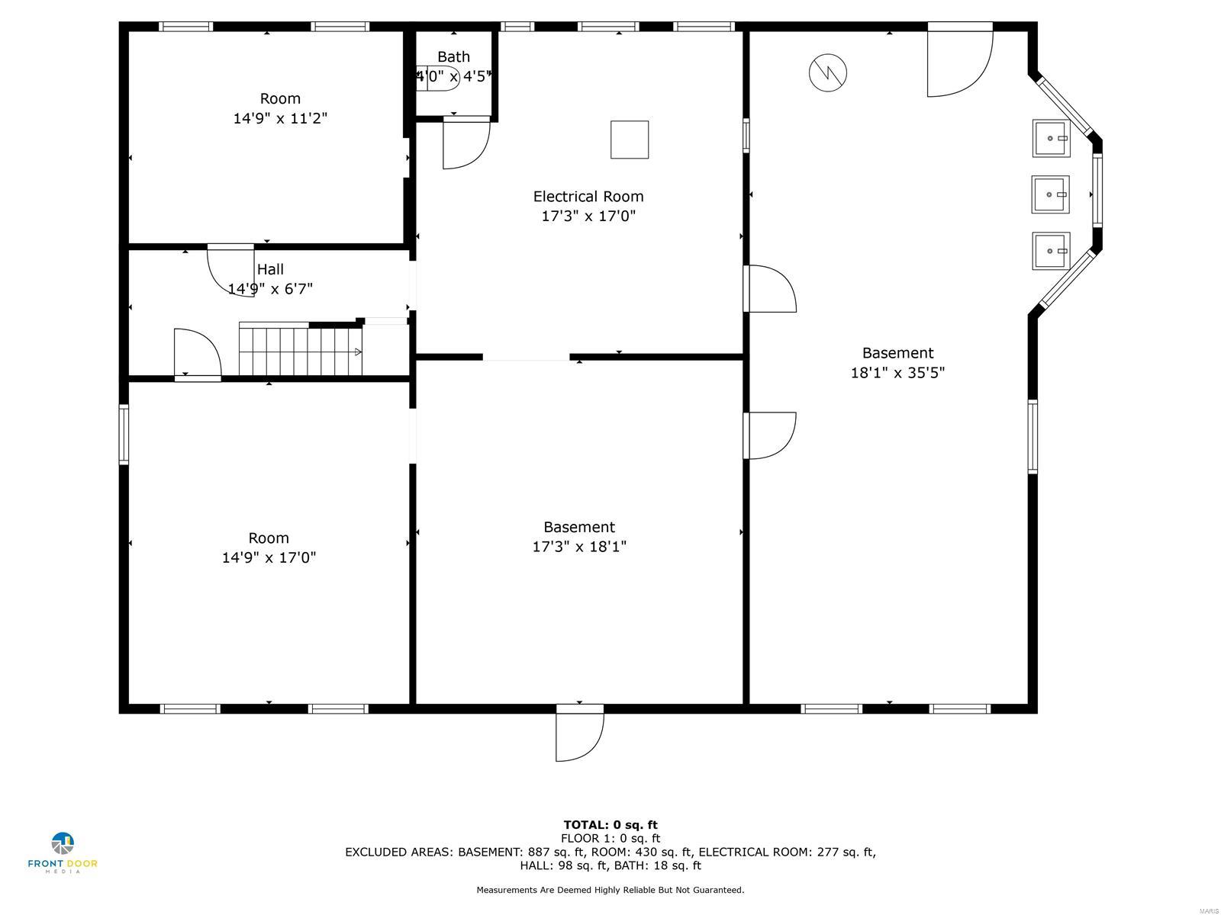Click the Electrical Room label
(588, 197)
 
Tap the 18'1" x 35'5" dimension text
(897, 373)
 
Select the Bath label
(453, 57)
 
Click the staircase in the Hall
(300, 351)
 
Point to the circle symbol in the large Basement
(828, 73)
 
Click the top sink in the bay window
(1051, 138)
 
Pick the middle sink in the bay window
(1050, 194)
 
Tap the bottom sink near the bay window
(1051, 251)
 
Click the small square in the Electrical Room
(630, 140)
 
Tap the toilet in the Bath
(438, 78)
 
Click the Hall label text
(270, 269)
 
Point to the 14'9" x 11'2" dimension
(280, 118)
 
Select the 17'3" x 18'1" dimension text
(579, 547)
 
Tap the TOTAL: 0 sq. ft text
(610, 824)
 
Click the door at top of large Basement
(959, 61)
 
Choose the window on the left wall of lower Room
(124, 435)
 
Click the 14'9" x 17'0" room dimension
(269, 557)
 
